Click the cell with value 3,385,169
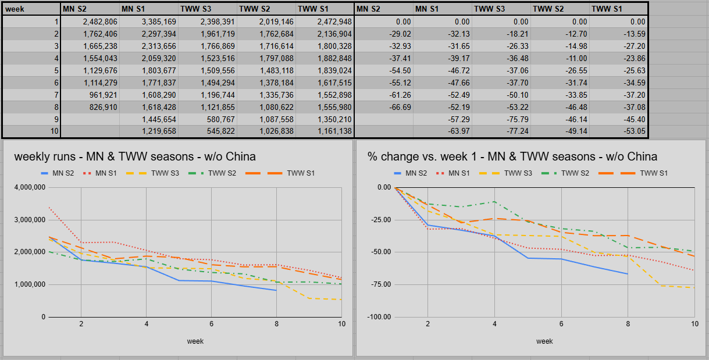pyautogui.click(x=149, y=22)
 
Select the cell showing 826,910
pyautogui.click(x=90, y=107)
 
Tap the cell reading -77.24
pyautogui.click(x=501, y=131)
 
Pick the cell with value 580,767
pyautogui.click(x=208, y=119)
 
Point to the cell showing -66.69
pyautogui.click(x=384, y=107)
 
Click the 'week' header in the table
pyautogui.click(x=15, y=9)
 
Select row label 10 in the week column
pyautogui.click(x=31, y=131)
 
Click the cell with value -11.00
pyautogui.click(x=560, y=58)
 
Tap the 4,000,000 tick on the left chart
pyautogui.click(x=30, y=187)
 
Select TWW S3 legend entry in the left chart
pyautogui.click(x=152, y=173)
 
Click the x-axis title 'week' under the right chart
pyautogui.click(x=544, y=341)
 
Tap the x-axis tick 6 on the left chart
pyautogui.click(x=212, y=324)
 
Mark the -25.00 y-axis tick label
pyautogui.click(x=381, y=220)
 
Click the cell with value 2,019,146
pyautogui.click(x=266, y=22)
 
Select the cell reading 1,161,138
pyautogui.click(x=325, y=131)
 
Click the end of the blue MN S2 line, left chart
pyautogui.click(x=277, y=290)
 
